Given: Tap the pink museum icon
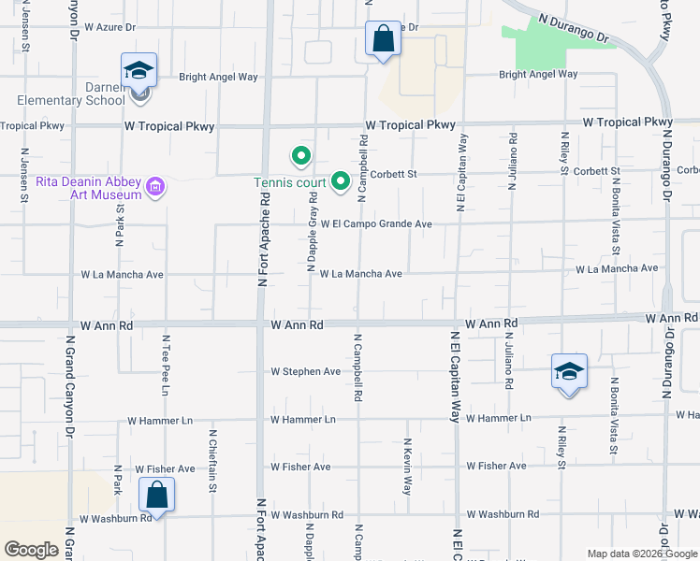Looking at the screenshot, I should pyautogui.click(x=155, y=188).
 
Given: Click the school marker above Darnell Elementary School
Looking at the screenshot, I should pyautogui.click(x=139, y=71).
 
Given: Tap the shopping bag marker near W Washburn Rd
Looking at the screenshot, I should pyautogui.click(x=157, y=495).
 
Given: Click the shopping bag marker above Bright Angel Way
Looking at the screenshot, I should pyautogui.click(x=383, y=39).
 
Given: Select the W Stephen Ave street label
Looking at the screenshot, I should pyautogui.click(x=305, y=371).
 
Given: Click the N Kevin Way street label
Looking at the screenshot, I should pyautogui.click(x=407, y=467).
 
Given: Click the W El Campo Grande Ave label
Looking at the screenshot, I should pyautogui.click(x=376, y=224).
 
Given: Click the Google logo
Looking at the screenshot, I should pyautogui.click(x=31, y=550).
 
